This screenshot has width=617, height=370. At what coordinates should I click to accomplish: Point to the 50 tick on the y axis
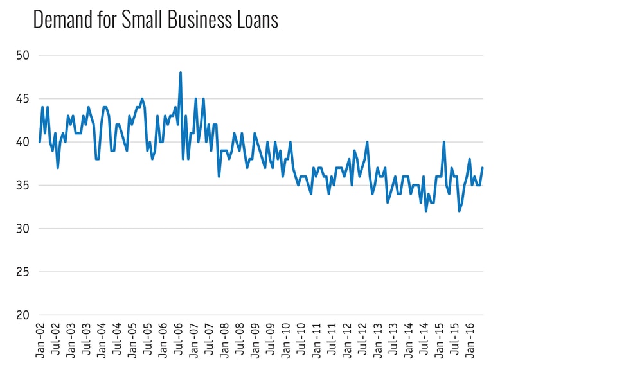23,56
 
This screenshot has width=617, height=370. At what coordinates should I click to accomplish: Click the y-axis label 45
23,99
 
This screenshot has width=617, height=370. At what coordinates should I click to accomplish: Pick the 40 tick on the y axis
23,142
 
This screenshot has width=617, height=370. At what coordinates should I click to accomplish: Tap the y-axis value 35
23,186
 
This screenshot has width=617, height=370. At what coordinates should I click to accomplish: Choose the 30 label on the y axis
23,229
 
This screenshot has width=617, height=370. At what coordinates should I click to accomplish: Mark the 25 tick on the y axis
23,272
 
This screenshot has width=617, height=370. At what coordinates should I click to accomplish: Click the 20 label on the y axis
23,315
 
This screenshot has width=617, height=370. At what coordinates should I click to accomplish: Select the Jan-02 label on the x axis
40,339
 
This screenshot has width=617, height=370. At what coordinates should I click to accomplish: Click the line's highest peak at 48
181,73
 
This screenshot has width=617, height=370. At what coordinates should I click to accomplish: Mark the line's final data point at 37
483,168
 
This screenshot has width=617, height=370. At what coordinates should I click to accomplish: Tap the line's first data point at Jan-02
40,142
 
